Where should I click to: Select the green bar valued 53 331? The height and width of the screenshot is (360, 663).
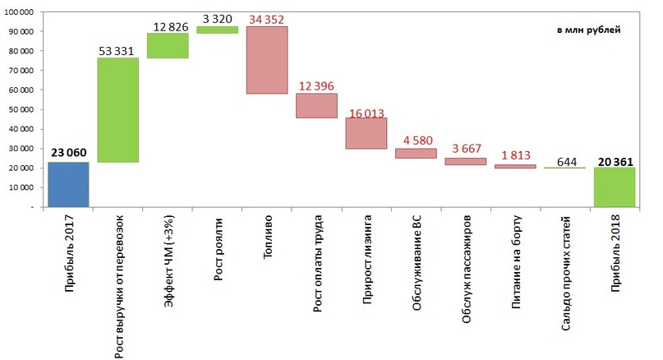pyautogui.click(x=117, y=110)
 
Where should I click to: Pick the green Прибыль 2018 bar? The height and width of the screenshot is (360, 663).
pyautogui.click(x=615, y=187)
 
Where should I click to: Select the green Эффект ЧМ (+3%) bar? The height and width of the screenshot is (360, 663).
pyautogui.click(x=168, y=45)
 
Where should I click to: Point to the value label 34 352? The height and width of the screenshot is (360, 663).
pyautogui.click(x=267, y=18)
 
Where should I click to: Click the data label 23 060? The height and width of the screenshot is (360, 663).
pyautogui.click(x=68, y=153)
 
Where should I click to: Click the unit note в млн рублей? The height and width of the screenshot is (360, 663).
pyautogui.click(x=588, y=30)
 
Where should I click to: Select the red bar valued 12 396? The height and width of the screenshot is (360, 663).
pyautogui.click(x=316, y=105)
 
